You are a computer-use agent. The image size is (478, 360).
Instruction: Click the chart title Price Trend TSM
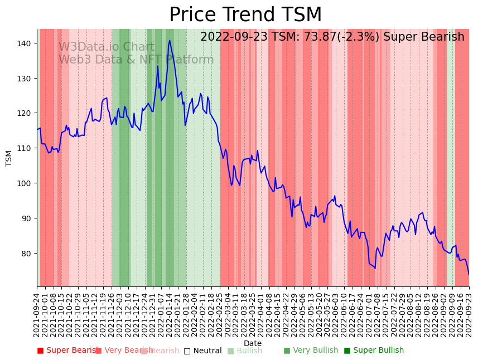(245, 15)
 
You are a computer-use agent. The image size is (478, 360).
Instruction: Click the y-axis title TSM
(9, 158)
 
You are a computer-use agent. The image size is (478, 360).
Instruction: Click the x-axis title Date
(253, 343)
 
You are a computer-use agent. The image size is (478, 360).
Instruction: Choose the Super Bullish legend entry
(374, 351)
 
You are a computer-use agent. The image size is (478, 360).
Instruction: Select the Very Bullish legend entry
(311, 351)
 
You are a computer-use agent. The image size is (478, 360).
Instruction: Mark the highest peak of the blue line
(170, 40)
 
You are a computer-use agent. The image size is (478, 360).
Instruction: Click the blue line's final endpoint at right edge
(469, 274)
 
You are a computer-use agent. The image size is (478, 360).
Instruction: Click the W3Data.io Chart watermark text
(107, 47)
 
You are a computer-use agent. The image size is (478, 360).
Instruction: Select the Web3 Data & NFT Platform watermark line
(136, 60)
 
